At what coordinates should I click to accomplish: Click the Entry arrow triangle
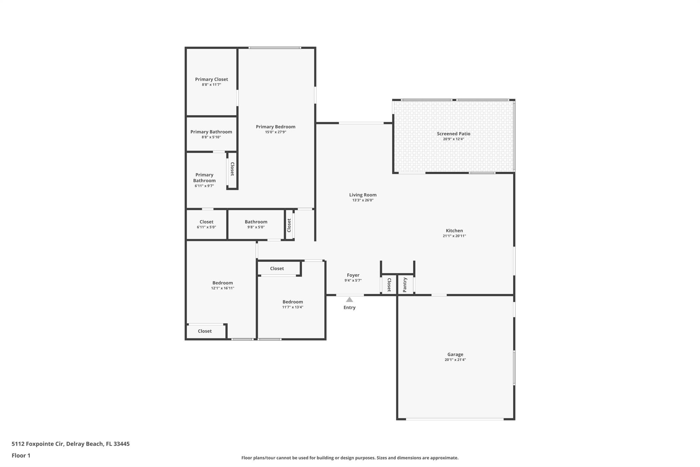[349, 300]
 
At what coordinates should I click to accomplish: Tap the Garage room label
[455, 354]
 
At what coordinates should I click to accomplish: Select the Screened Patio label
[453, 134]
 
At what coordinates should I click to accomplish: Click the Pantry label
[405, 285]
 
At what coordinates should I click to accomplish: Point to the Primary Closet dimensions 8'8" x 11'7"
[211, 85]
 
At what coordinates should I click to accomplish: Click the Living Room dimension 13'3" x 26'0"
[363, 200]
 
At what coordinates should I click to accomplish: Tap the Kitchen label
[454, 231]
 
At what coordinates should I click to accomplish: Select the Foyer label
[353, 275]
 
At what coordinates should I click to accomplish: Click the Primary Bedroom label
[275, 127]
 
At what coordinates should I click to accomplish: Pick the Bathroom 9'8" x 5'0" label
[256, 222]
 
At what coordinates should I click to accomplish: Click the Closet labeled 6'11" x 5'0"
[206, 222]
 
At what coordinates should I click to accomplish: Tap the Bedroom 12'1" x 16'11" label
[223, 283]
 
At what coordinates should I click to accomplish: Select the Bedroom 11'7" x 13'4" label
[293, 302]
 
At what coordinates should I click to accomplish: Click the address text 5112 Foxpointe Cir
[38, 444]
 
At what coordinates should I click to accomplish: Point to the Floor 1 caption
[21, 455]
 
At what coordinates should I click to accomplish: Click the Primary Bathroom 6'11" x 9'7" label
[204, 178]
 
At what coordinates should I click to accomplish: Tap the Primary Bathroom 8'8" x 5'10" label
[211, 132]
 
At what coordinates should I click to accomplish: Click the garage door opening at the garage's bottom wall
[455, 419]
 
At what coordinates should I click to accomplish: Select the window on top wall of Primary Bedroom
[275, 48]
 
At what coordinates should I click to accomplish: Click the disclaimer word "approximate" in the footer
[444, 458]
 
